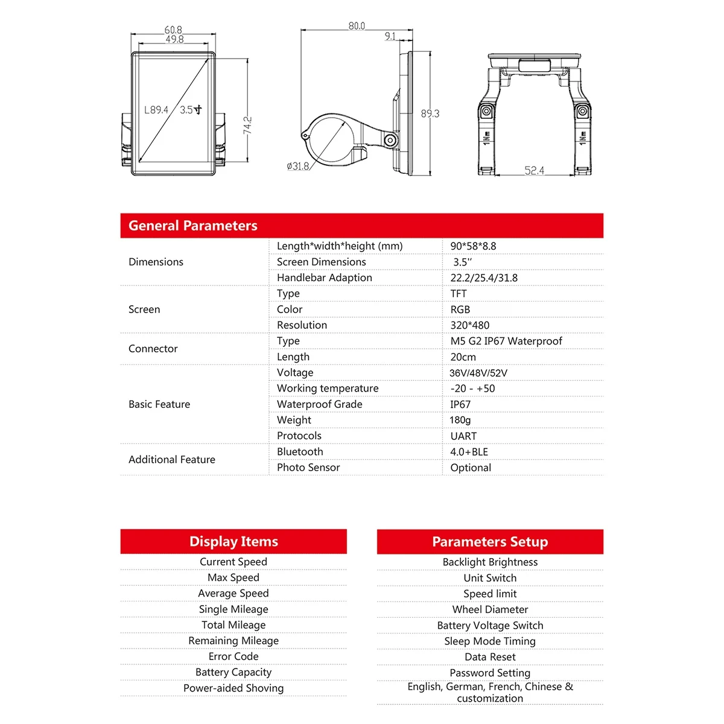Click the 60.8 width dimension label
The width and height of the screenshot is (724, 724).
coord(173,30)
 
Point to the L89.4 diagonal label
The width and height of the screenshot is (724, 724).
coord(156,110)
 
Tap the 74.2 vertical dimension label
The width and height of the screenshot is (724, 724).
coord(247,126)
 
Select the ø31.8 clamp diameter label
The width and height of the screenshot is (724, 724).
coord(298,166)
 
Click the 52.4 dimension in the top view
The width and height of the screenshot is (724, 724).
coord(534,171)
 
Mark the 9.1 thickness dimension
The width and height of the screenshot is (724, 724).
coord(390,36)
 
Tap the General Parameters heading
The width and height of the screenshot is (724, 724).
coord(193,226)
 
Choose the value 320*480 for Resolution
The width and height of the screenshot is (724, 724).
coord(470,325)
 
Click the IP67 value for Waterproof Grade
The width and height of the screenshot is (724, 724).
coord(460,404)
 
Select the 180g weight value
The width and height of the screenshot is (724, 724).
coord(460,420)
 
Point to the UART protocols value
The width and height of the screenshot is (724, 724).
coord(463,436)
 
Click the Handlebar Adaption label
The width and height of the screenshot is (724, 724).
coord(325,278)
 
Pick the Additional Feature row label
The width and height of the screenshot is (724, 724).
coord(172,459)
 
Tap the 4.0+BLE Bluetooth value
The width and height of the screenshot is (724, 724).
coord(469,452)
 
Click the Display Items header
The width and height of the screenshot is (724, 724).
coord(233,541)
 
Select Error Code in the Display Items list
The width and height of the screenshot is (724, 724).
coord(233,656)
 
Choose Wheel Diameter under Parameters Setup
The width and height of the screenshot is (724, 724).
coord(490,609)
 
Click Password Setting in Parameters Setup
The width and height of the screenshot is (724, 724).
coord(490,673)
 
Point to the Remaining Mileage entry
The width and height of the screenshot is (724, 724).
coord(233,641)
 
